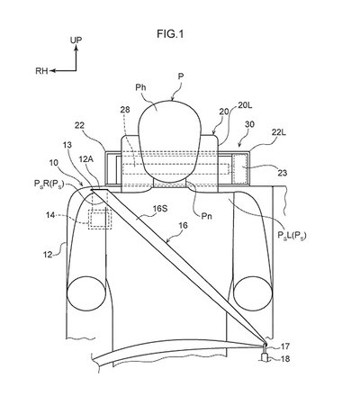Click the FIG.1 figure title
(170, 34)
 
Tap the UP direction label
(76, 40)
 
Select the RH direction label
(41, 71)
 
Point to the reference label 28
(125, 110)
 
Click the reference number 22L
(279, 132)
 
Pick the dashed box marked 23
(241, 168)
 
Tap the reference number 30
(249, 124)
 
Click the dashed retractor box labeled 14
(100, 220)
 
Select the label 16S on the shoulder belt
(160, 209)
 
